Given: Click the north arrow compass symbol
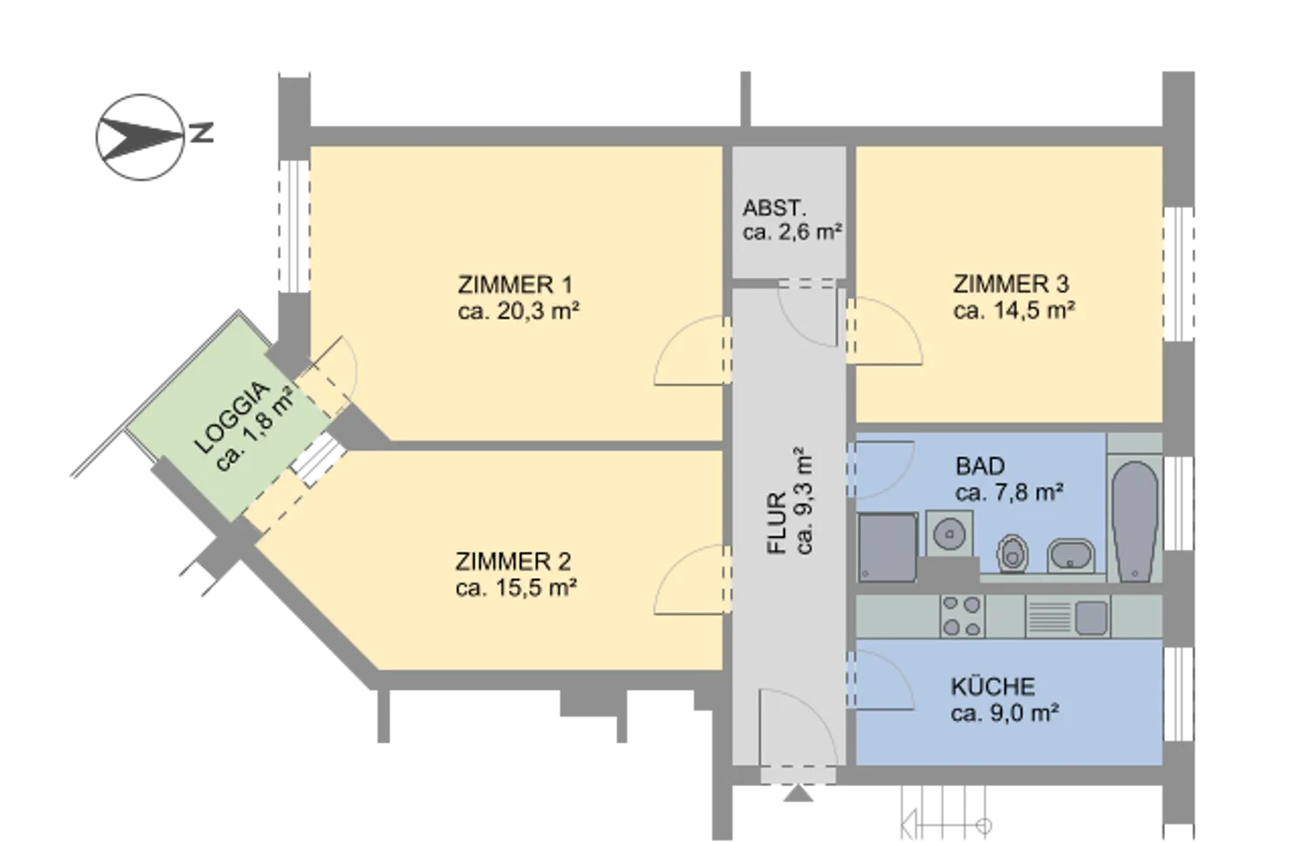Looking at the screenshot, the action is tap(140, 137).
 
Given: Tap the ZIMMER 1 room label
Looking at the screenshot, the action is tap(515, 285).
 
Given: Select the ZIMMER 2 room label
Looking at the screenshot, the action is tap(513, 562).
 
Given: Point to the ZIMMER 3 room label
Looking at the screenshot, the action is tap(1011, 284).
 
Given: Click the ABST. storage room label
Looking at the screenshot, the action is tap(774, 208).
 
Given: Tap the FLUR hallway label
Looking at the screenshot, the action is tap(778, 523).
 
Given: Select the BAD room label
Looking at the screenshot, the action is tap(980, 466).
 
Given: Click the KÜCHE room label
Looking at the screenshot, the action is tap(993, 687).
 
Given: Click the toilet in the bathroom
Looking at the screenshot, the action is tap(1013, 553).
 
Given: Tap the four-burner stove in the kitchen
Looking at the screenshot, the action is tap(962, 616).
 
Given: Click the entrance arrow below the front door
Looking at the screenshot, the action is tap(798, 793).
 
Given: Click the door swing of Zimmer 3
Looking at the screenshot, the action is tap(884, 331).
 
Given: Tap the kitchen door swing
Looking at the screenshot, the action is tap(879, 680).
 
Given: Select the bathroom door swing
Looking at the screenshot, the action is tap(879, 470).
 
